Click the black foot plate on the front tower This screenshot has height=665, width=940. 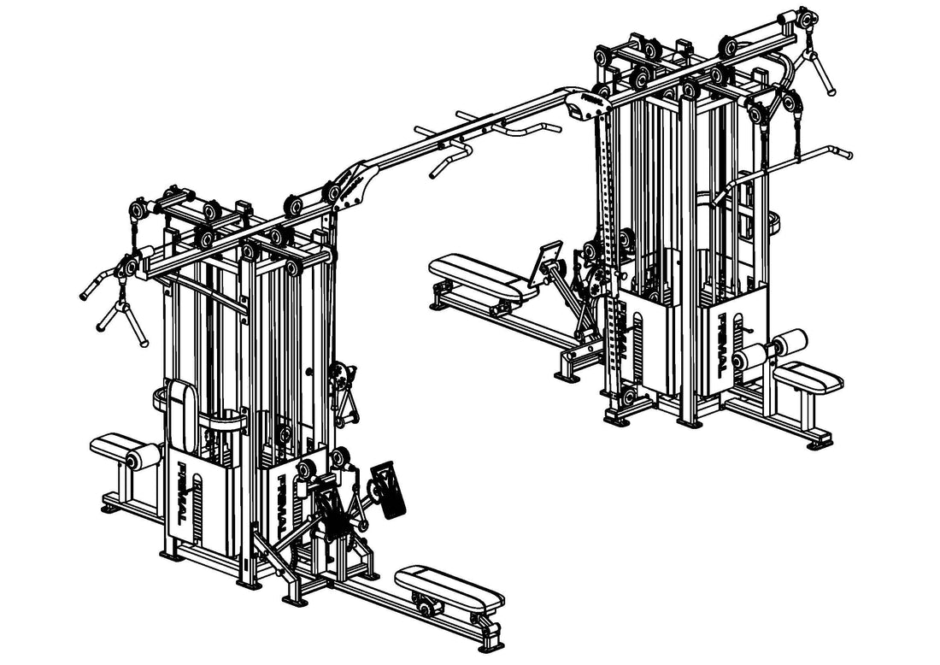(x=389, y=491)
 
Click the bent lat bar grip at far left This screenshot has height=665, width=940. (x=97, y=283)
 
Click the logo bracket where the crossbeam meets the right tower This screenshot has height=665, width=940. (x=587, y=100)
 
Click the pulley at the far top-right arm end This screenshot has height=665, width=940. (x=805, y=18)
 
